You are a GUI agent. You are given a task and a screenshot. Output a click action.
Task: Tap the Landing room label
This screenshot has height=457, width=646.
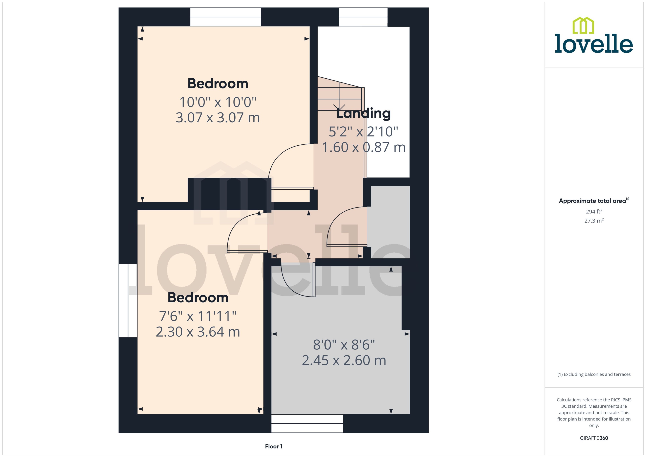click(x=363, y=113)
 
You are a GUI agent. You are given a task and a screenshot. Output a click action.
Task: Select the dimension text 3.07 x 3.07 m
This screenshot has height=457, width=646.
click(x=218, y=118)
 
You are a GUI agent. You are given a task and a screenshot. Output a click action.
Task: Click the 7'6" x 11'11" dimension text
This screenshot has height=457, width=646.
click(x=198, y=316)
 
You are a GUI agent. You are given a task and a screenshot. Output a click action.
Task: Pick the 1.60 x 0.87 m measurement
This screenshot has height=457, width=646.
click(x=363, y=147)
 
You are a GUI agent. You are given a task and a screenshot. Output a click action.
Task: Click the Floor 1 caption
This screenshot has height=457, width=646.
click(x=274, y=446)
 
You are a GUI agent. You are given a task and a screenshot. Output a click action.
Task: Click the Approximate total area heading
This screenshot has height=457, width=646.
click(x=594, y=201)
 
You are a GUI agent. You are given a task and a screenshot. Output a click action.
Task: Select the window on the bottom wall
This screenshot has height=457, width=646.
click(x=307, y=423)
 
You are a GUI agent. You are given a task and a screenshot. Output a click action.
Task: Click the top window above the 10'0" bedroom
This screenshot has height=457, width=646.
click(x=226, y=17)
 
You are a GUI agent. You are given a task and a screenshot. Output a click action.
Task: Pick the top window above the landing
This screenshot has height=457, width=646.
click(x=363, y=17)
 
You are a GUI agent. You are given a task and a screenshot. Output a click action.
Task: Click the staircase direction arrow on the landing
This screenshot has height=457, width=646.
click(x=339, y=107)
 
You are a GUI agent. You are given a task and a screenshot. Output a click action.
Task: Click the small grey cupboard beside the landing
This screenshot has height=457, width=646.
click(x=389, y=222)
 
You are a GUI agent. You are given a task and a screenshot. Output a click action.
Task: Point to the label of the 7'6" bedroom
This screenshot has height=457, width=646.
click(x=198, y=298)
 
